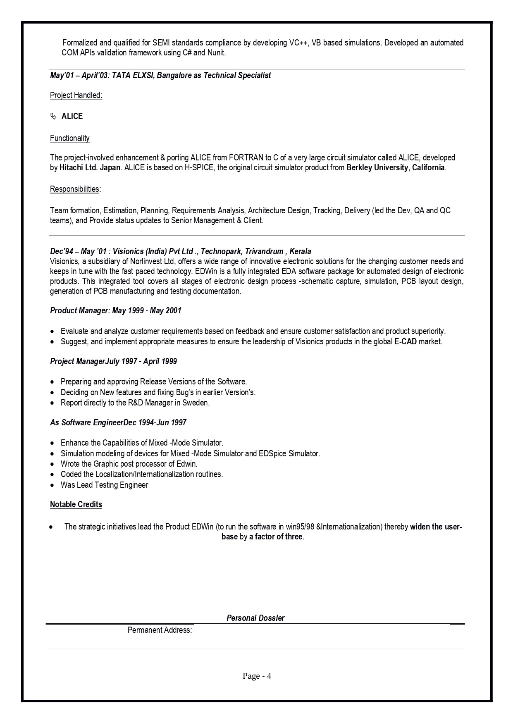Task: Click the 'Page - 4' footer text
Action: (x=257, y=676)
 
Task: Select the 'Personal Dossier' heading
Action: (x=255, y=618)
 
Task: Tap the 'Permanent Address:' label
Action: (x=160, y=630)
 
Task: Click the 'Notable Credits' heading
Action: (x=76, y=504)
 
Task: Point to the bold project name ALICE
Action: (x=72, y=116)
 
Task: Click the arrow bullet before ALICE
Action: (x=53, y=117)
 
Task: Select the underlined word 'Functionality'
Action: (x=70, y=138)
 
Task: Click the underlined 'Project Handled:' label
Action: (x=76, y=95)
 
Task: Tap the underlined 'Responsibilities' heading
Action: (x=74, y=189)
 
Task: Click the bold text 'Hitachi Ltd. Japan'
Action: (x=90, y=167)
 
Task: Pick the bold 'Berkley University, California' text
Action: (x=396, y=167)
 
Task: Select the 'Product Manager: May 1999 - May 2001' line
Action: (x=116, y=310)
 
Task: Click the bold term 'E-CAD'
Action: (x=406, y=341)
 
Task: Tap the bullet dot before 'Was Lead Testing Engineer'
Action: (x=52, y=485)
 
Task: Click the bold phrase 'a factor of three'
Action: (x=276, y=537)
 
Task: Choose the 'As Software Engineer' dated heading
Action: (x=118, y=422)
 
